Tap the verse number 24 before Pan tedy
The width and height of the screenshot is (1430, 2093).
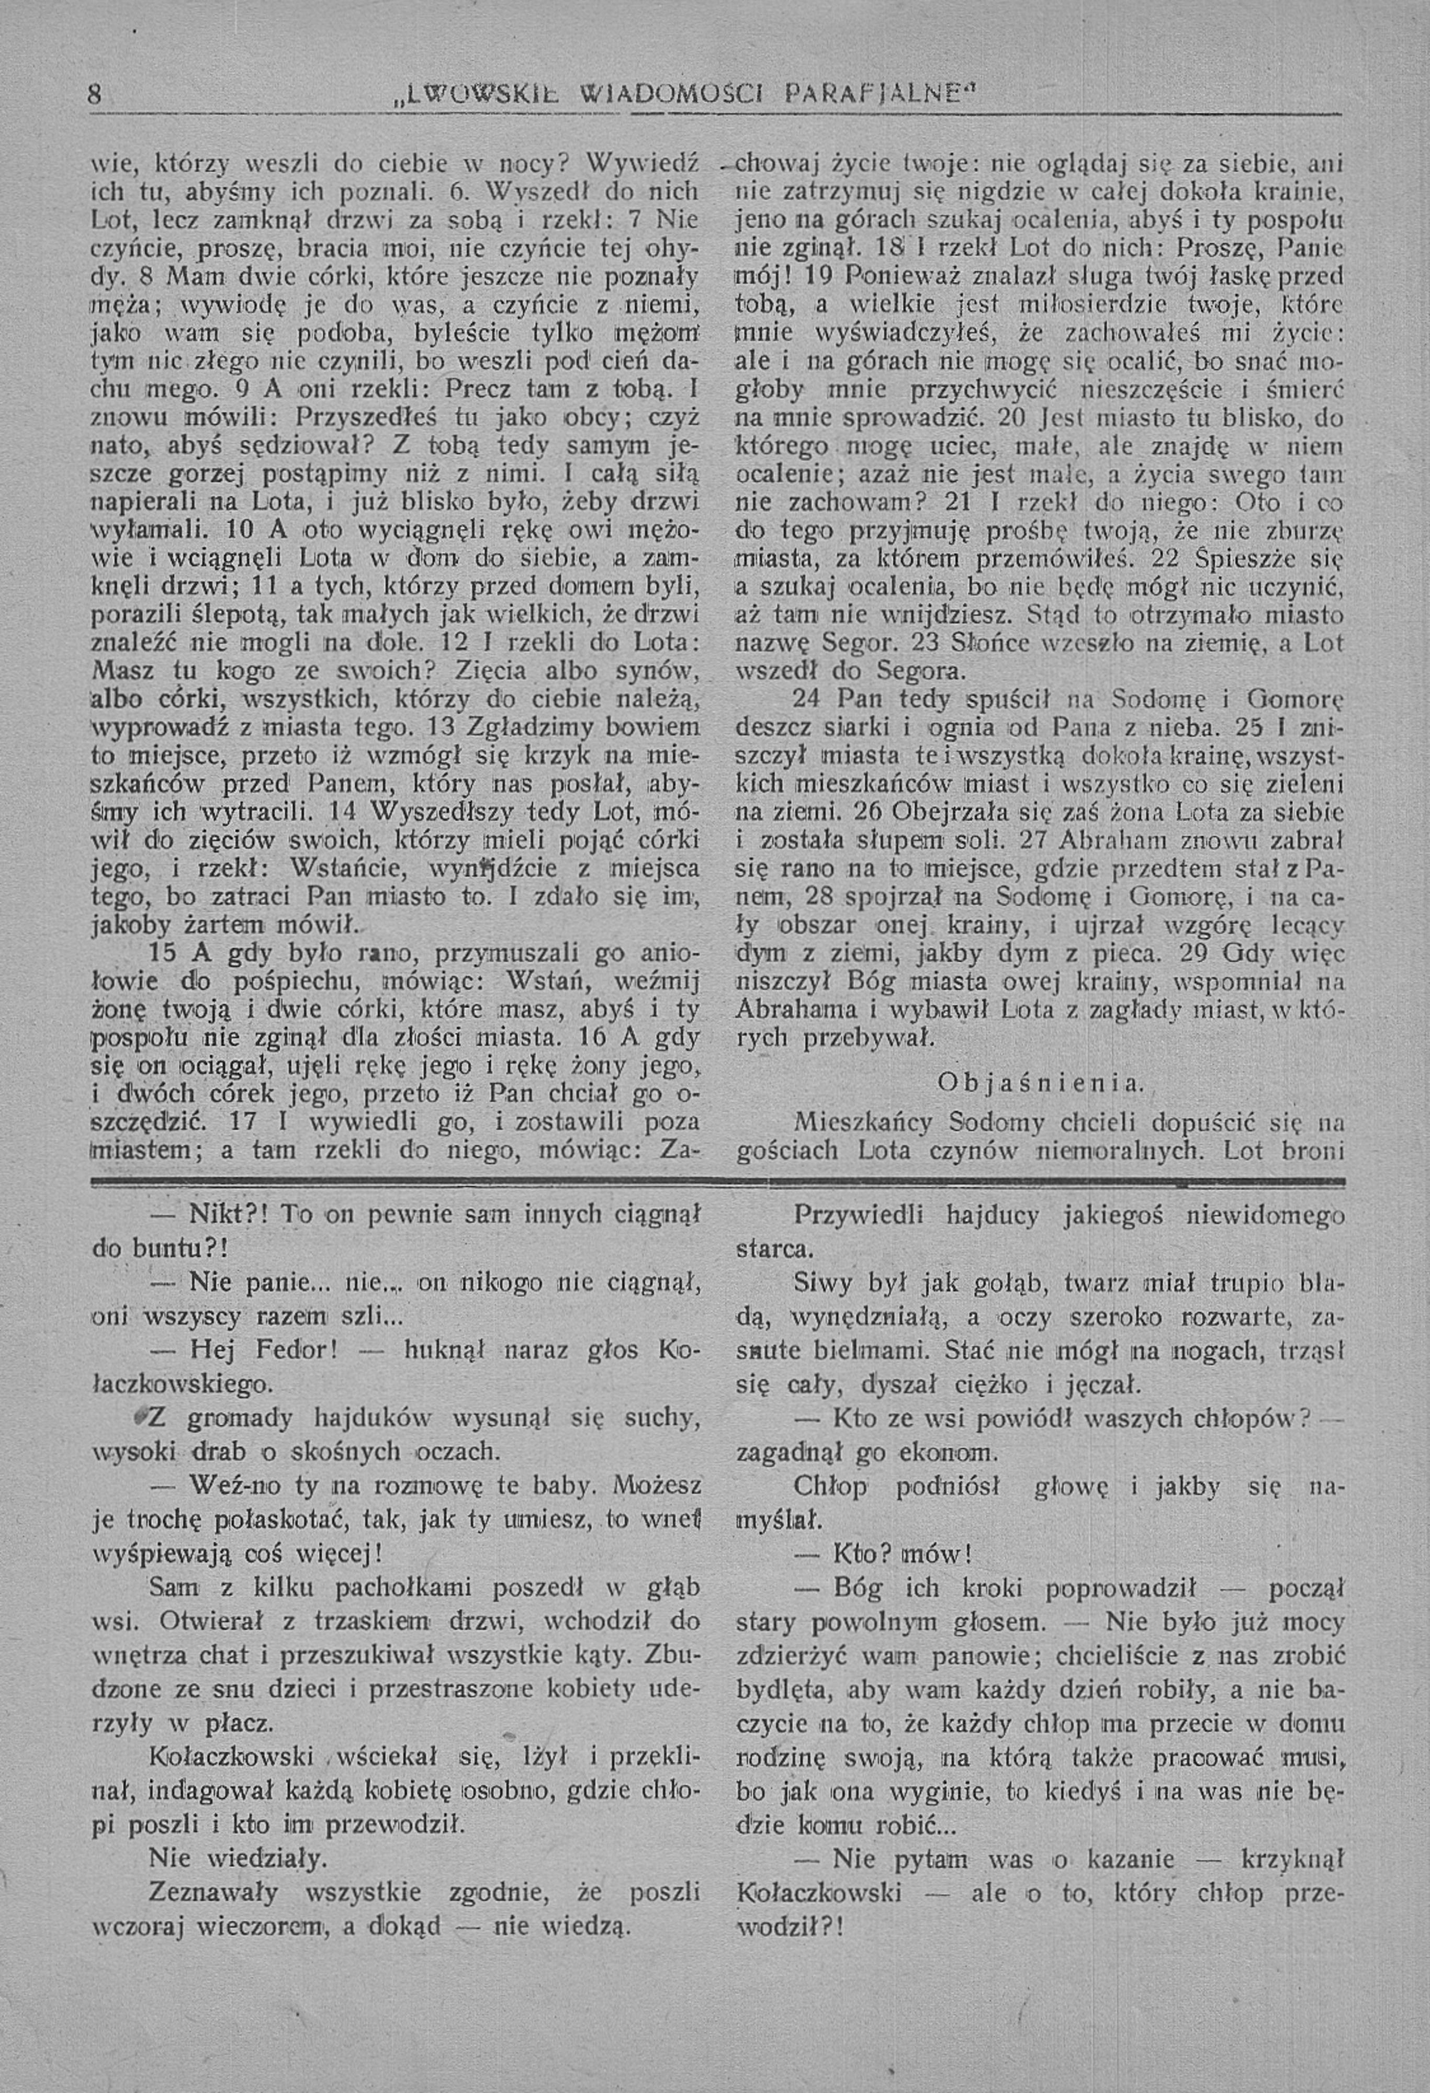(809, 699)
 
